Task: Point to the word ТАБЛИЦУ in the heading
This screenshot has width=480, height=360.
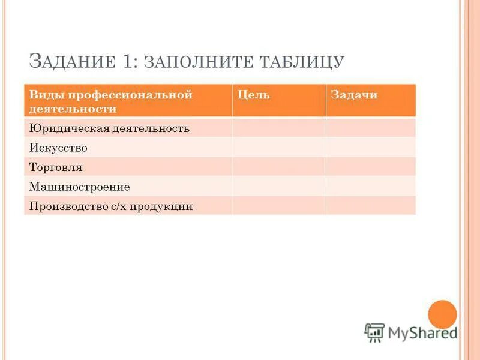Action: [x=303, y=62]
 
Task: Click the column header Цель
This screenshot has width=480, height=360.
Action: [x=253, y=95]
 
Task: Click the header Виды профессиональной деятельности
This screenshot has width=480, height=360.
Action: [x=111, y=101]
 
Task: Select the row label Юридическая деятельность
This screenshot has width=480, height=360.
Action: [x=109, y=128]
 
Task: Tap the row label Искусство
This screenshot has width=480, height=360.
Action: [x=58, y=148]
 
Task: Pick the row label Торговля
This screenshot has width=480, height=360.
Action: [x=56, y=167]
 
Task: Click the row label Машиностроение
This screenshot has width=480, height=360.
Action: [x=79, y=187]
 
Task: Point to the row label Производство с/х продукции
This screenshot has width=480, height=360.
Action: [x=111, y=206]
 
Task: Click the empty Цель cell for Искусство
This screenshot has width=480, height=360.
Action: [x=279, y=147]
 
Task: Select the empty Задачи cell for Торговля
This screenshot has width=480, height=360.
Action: [x=370, y=166]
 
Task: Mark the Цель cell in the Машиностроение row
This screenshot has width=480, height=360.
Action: [x=279, y=185]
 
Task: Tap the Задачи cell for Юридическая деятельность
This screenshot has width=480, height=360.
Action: [x=370, y=128]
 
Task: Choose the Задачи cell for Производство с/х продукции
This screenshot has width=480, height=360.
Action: [x=370, y=205]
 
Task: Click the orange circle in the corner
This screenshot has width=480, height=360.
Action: [x=443, y=314]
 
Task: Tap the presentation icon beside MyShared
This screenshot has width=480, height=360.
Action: [x=374, y=332]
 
